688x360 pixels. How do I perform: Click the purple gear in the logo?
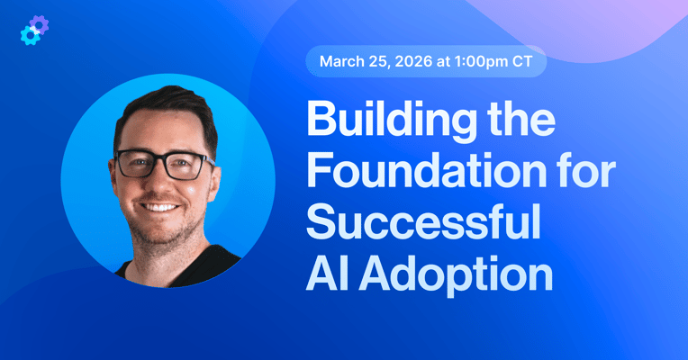coord(39,24)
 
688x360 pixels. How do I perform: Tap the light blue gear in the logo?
coord(29,36)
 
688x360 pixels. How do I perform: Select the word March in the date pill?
coord(340,61)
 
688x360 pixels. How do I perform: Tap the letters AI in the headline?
coord(325,274)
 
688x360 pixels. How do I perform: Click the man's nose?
coord(166,184)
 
